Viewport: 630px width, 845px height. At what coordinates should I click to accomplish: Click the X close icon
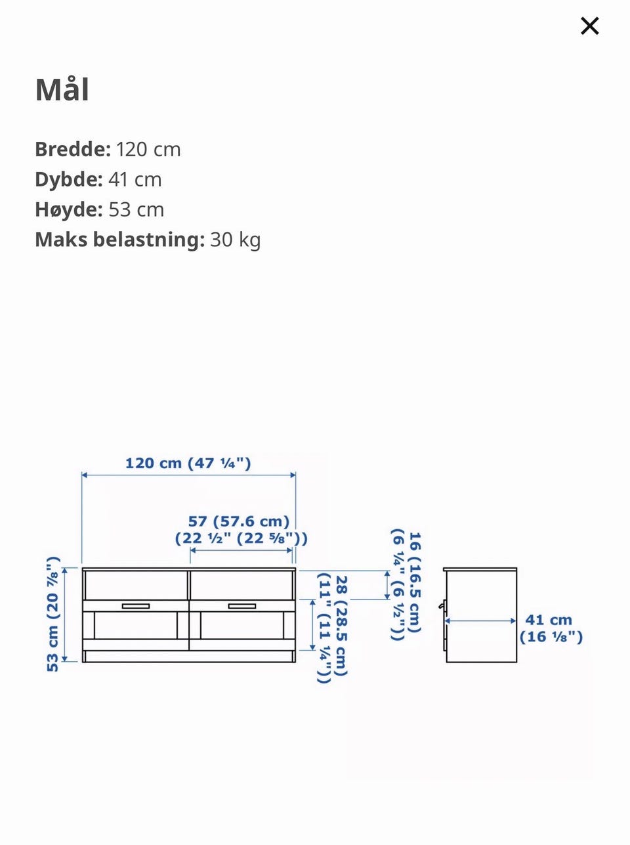(x=589, y=26)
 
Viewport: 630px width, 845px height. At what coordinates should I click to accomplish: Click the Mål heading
(x=62, y=89)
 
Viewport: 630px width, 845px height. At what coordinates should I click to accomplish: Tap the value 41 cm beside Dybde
(x=135, y=179)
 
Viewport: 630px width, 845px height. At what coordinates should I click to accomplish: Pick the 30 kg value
(x=236, y=240)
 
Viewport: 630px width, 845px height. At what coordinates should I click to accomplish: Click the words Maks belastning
(x=119, y=240)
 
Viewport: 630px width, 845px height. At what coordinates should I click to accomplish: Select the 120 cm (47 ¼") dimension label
(x=188, y=463)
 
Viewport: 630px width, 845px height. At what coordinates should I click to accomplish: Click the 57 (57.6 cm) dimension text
(x=239, y=521)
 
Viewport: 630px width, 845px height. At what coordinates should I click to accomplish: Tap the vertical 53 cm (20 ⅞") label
(x=52, y=614)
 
